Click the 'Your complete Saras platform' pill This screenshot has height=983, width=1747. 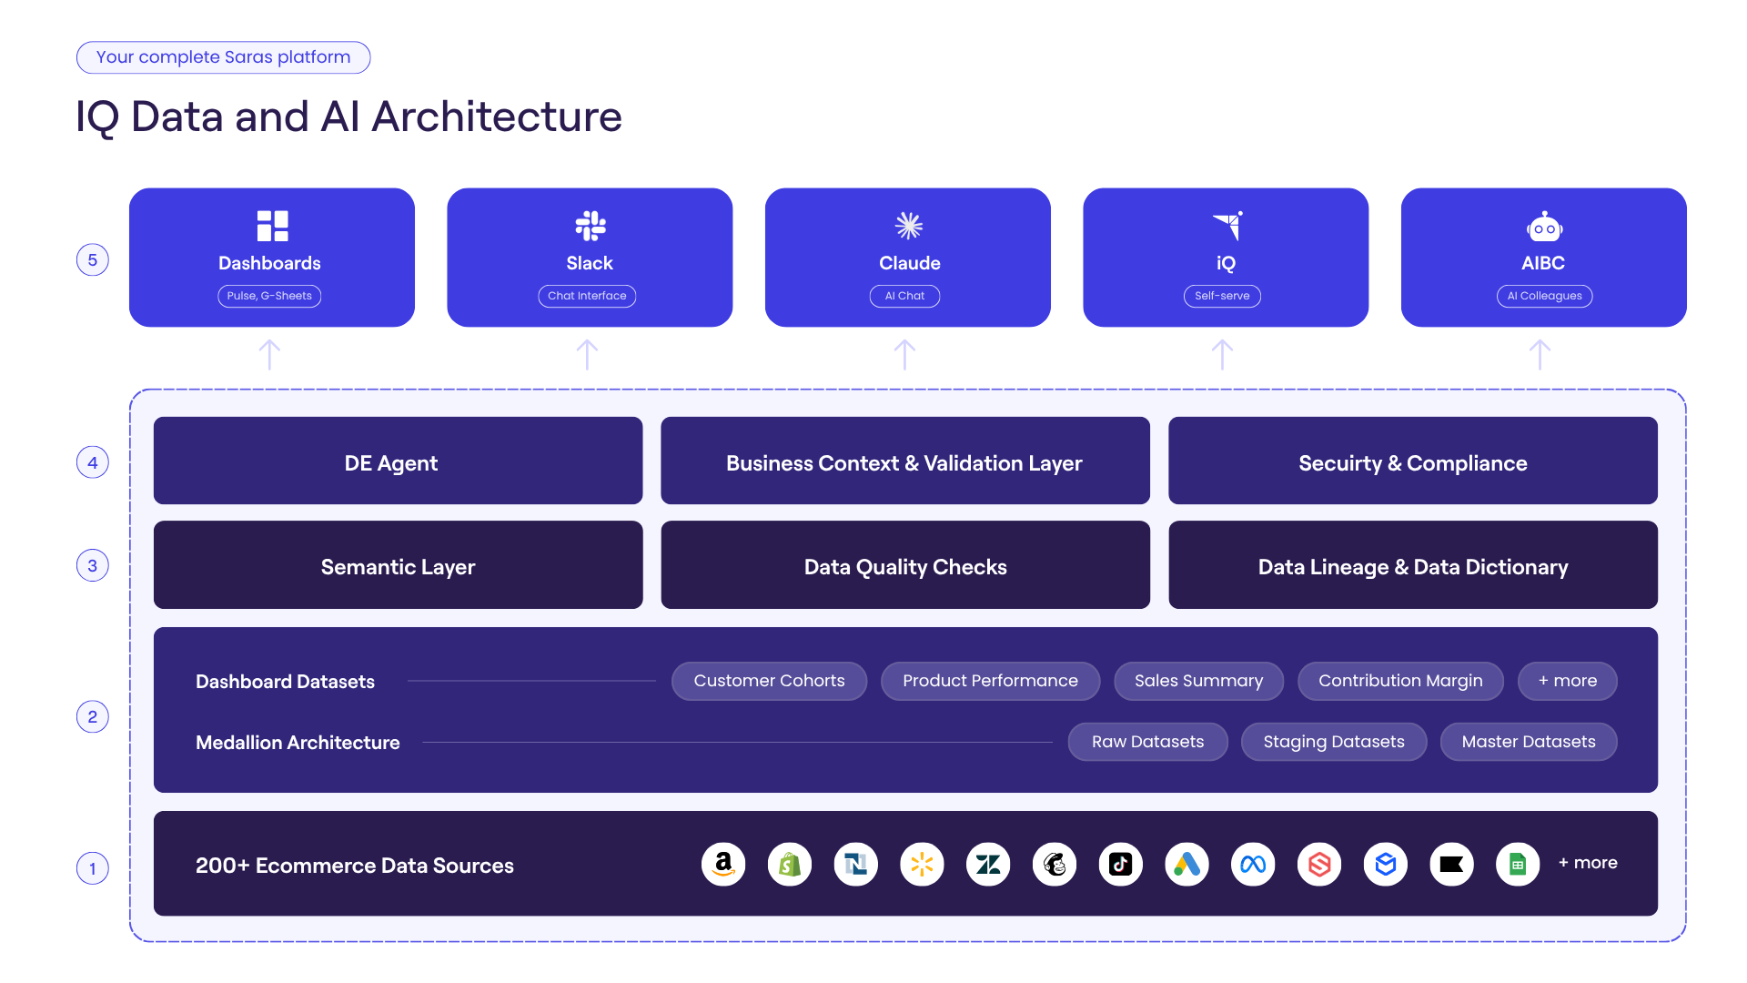coord(223,57)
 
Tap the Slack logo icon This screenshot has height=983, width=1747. coord(591,226)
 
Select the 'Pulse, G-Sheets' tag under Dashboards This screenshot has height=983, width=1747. coord(269,296)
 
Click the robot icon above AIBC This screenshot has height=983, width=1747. coord(1544,227)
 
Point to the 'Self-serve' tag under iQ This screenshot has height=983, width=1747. coord(1222,296)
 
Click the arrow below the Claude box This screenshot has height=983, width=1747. coord(904,355)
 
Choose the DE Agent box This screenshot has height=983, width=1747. coord(398,461)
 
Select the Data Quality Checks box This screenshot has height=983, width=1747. coord(905,564)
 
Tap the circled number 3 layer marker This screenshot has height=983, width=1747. coord(93,565)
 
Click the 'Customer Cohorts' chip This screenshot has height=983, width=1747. coord(769,681)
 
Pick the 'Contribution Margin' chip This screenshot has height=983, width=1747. coord(1400,681)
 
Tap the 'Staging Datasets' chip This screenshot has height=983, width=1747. coord(1334,742)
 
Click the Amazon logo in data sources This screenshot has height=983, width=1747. coord(723,864)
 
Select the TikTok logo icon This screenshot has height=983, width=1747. coord(1121,864)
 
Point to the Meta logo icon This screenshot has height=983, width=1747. coord(1253,864)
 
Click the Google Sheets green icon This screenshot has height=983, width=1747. coord(1518,864)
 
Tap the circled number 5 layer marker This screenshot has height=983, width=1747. coord(93,260)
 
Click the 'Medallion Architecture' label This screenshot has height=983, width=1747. coord(298,743)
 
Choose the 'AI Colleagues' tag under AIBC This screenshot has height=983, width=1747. coord(1544,296)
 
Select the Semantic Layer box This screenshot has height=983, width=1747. coord(398,564)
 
